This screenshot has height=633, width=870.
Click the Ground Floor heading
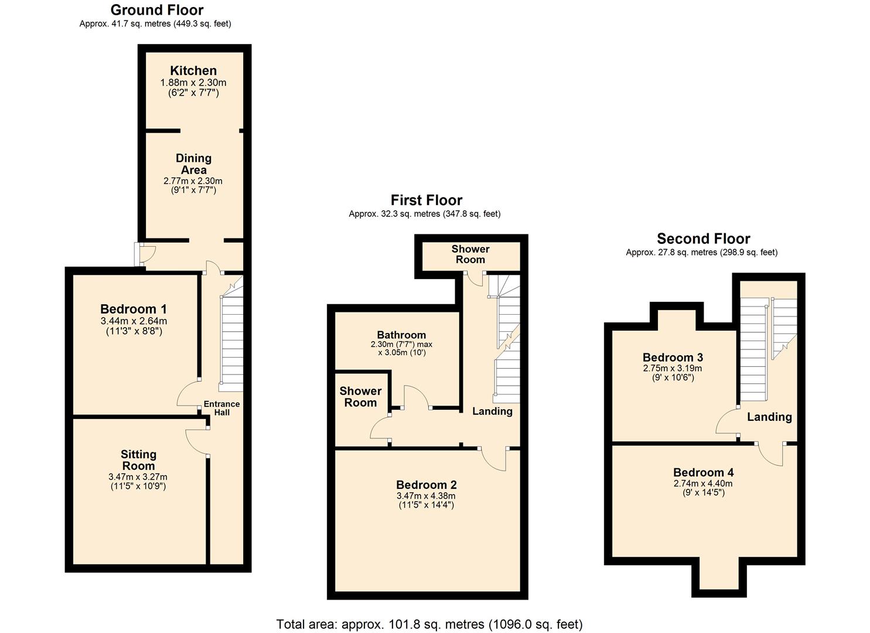[x=157, y=10]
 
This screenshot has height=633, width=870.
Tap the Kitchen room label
[x=193, y=71]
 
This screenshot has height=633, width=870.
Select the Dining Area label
[x=193, y=164]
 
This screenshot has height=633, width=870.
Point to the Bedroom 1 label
[x=134, y=309]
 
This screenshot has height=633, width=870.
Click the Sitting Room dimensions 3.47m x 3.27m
[x=138, y=477]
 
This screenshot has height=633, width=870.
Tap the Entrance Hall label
[x=221, y=408]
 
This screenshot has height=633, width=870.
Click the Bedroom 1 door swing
[x=189, y=394]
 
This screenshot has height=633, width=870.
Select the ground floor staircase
[x=231, y=340]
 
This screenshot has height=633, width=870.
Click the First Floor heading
[x=427, y=200]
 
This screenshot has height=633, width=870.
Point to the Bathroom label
[x=401, y=335]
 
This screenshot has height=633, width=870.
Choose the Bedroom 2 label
[x=426, y=485]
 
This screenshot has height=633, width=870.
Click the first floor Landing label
[x=492, y=411]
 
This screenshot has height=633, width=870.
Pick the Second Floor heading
[x=703, y=239]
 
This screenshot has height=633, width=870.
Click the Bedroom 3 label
[x=673, y=358]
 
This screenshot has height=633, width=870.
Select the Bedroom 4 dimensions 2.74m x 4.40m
[x=703, y=484]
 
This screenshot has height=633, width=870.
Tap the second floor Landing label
[x=769, y=417]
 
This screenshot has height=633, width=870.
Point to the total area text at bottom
[x=429, y=624]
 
